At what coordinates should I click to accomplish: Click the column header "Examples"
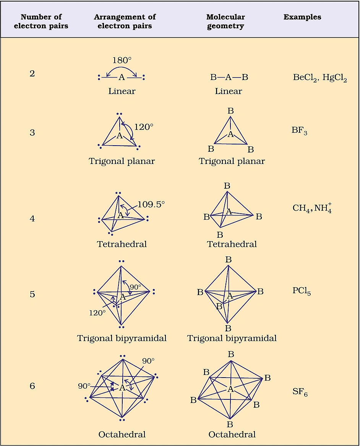(302, 17)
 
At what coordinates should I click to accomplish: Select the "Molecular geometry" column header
(225, 21)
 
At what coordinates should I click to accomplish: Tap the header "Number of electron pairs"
(41, 21)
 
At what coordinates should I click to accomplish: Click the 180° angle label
(122, 60)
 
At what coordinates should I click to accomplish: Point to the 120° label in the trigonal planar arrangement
(143, 127)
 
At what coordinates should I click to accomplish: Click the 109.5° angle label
(151, 204)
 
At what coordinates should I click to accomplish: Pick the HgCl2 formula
(335, 78)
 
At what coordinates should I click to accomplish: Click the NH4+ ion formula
(323, 208)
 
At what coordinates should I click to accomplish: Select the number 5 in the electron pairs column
(32, 294)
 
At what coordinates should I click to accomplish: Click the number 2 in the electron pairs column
(32, 73)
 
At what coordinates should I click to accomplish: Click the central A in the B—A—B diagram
(229, 77)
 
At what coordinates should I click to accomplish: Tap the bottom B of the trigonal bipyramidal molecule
(228, 328)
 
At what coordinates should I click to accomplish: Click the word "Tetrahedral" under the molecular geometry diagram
(232, 244)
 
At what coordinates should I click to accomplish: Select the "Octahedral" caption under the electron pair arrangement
(122, 434)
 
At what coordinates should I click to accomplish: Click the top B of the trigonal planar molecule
(230, 111)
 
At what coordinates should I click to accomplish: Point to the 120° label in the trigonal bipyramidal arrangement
(97, 313)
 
